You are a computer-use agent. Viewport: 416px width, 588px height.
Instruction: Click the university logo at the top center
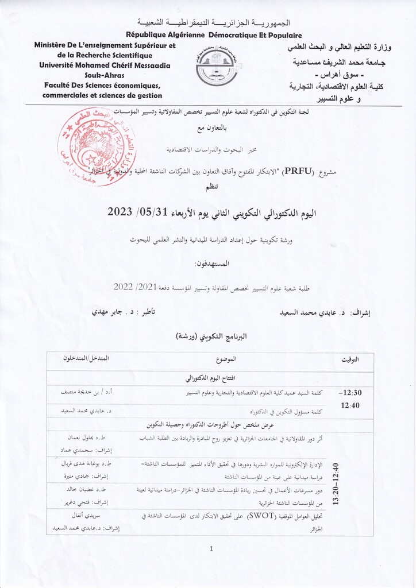pos(216,67)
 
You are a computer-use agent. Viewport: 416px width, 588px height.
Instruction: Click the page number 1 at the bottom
pos(211,548)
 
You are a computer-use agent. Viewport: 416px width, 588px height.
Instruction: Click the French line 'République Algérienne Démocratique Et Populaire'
pos(207,35)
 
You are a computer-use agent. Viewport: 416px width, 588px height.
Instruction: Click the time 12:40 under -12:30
pos(350,405)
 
